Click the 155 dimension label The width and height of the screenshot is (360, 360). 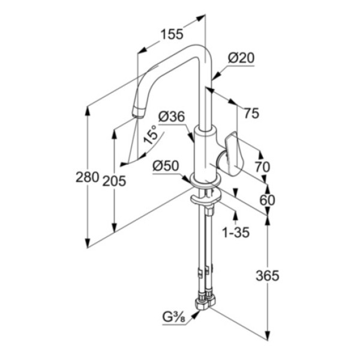[x=172, y=34]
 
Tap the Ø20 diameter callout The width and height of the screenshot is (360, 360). [x=241, y=58]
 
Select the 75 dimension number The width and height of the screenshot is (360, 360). [x=251, y=113]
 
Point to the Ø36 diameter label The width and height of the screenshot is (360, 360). [x=172, y=116]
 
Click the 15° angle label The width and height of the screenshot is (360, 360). [x=151, y=135]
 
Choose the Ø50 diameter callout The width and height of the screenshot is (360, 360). [x=166, y=166]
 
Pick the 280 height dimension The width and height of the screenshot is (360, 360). [x=87, y=177]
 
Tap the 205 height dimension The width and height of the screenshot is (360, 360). [x=114, y=181]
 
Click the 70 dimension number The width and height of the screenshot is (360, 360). [x=263, y=167]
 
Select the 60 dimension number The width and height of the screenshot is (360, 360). [x=267, y=200]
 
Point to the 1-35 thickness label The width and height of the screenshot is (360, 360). [x=236, y=232]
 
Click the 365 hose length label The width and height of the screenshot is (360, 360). [x=268, y=275]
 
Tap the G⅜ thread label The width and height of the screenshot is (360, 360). [x=174, y=318]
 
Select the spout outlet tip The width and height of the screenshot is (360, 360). [x=139, y=113]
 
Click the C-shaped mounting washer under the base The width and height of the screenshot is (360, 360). [x=205, y=199]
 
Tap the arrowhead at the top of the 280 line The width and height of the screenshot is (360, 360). [x=87, y=111]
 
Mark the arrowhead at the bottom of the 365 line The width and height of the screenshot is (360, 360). [x=268, y=335]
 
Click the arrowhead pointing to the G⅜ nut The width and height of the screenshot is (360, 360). [x=195, y=314]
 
